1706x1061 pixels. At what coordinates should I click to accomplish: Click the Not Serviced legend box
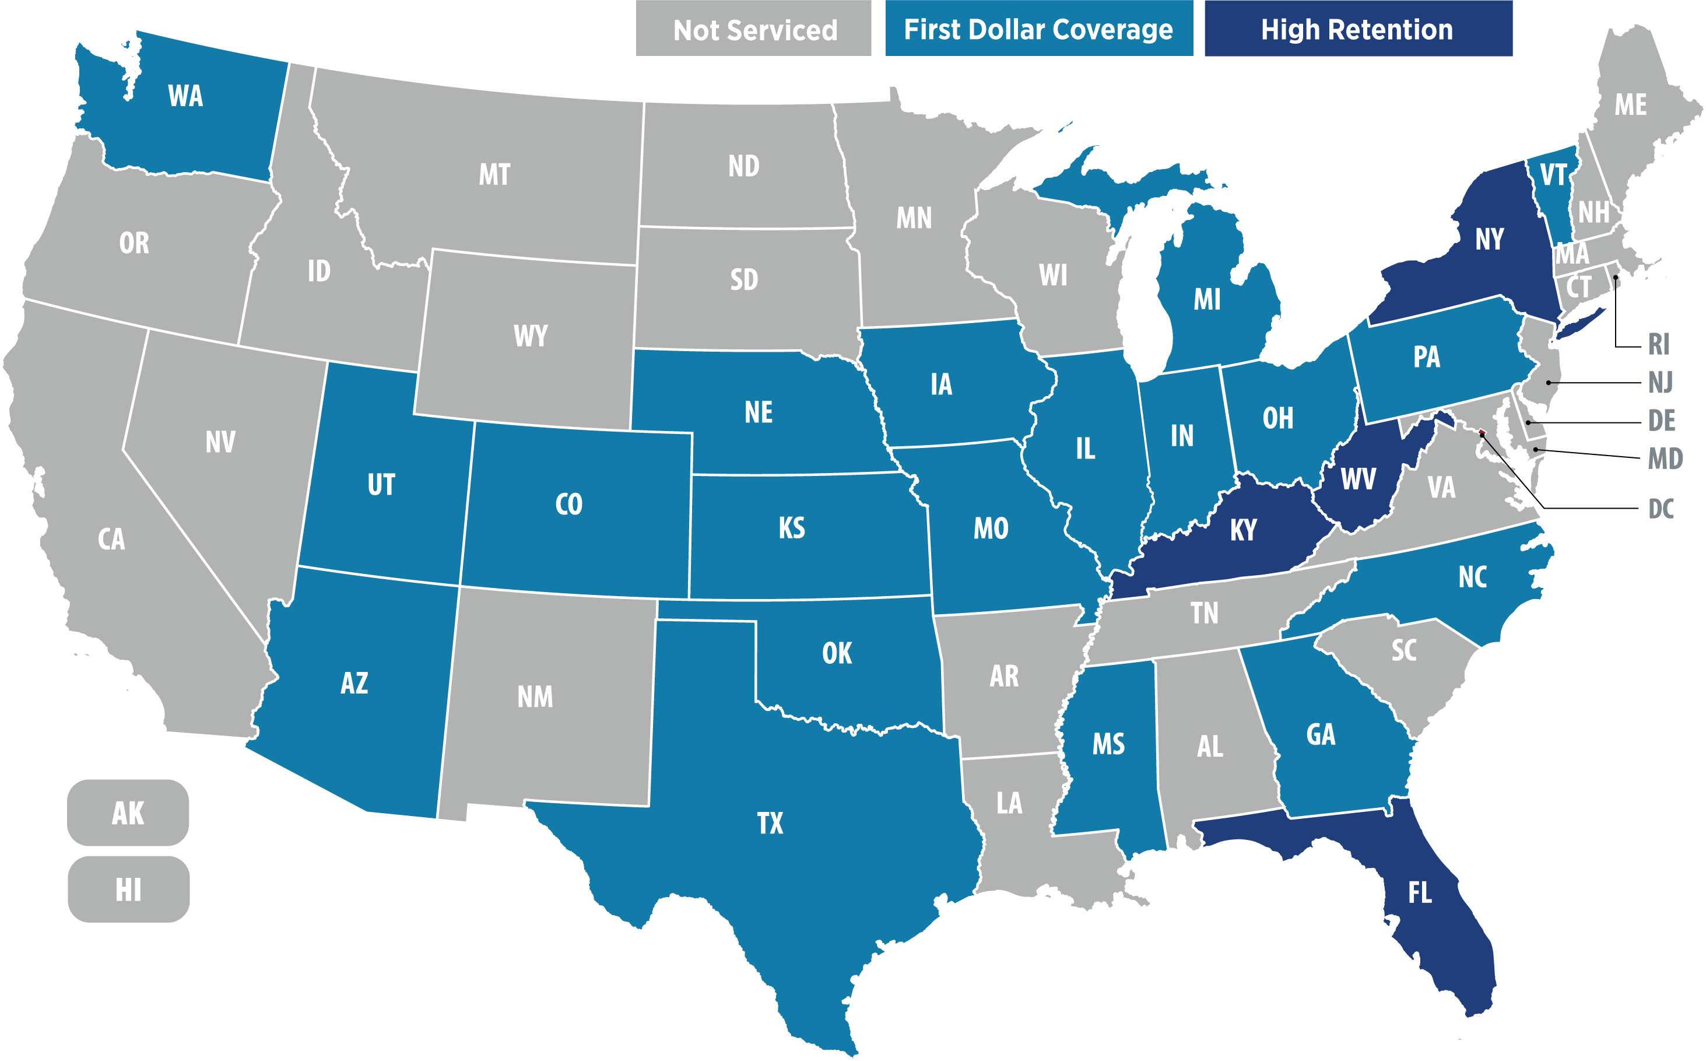tap(753, 29)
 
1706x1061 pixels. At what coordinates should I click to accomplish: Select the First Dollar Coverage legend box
tap(1038, 29)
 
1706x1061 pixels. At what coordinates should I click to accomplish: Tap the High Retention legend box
tap(1357, 29)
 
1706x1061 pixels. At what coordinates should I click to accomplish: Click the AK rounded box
tap(128, 813)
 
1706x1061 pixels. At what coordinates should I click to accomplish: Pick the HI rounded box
tap(128, 889)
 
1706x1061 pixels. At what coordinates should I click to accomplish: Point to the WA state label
tap(185, 96)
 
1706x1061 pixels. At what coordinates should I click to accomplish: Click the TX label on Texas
tap(770, 823)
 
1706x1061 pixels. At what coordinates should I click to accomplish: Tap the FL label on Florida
tap(1420, 892)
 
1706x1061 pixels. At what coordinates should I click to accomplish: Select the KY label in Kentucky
tap(1243, 530)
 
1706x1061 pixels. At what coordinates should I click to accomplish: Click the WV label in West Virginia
tap(1358, 479)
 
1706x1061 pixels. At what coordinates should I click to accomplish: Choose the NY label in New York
tap(1489, 239)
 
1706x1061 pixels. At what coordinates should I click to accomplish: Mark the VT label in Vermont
tap(1553, 174)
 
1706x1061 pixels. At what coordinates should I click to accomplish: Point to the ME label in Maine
tap(1630, 105)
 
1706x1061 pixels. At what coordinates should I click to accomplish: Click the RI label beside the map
tap(1658, 345)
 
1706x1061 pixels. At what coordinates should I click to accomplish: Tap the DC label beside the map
tap(1661, 509)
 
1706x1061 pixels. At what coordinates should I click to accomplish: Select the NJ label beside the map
tap(1660, 383)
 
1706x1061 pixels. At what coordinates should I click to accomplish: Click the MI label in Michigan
tap(1206, 300)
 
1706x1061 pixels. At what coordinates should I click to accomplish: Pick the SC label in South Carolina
tap(1403, 650)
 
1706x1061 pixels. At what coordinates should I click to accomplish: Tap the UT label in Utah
tap(381, 485)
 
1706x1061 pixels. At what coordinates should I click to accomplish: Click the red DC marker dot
tap(1482, 432)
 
